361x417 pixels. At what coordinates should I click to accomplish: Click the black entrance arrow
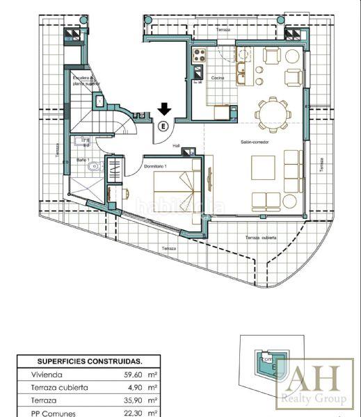pyautogui.click(x=164, y=109)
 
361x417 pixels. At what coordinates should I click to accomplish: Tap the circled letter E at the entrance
pyautogui.click(x=163, y=126)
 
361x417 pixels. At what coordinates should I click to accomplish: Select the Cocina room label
pyautogui.click(x=218, y=78)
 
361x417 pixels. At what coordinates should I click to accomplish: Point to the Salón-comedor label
pyautogui.click(x=255, y=142)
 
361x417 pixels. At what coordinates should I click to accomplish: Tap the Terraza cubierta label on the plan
pyautogui.click(x=261, y=238)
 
